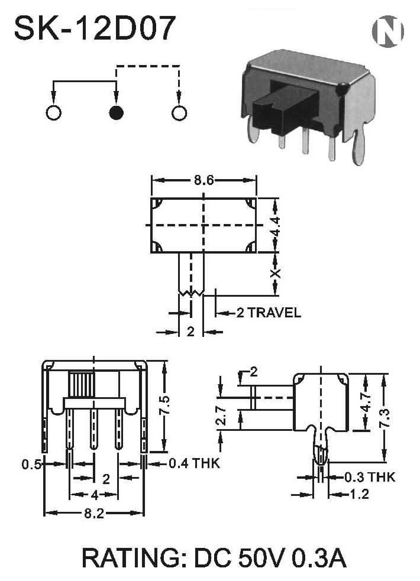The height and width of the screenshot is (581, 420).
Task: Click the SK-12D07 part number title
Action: click(95, 28)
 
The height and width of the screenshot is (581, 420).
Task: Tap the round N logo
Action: click(387, 31)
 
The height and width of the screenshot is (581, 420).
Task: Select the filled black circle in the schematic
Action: click(117, 113)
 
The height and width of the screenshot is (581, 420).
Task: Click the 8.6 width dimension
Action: click(204, 180)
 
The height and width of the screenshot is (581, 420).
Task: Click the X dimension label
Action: click(275, 274)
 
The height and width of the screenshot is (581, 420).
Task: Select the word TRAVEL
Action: click(274, 313)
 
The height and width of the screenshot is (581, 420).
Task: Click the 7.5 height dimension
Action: click(165, 405)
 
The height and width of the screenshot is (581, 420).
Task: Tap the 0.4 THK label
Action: click(194, 463)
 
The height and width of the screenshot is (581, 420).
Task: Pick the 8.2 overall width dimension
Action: click(94, 513)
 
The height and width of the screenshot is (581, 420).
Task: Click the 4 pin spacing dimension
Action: click(94, 495)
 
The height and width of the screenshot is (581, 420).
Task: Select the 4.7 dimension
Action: click(366, 402)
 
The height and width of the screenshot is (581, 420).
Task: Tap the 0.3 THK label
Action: click(370, 477)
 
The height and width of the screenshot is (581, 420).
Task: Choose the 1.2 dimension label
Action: click(359, 494)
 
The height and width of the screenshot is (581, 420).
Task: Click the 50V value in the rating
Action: click(261, 558)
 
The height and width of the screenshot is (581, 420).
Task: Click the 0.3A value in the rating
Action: click(319, 558)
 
